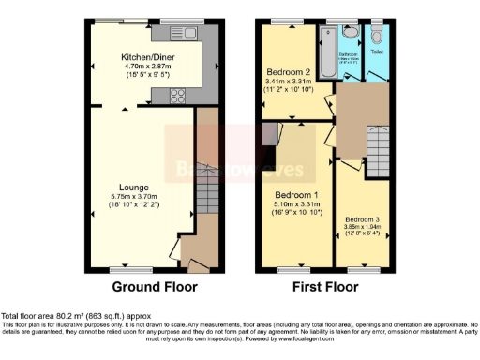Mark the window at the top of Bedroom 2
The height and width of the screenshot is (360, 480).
click(287, 22)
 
